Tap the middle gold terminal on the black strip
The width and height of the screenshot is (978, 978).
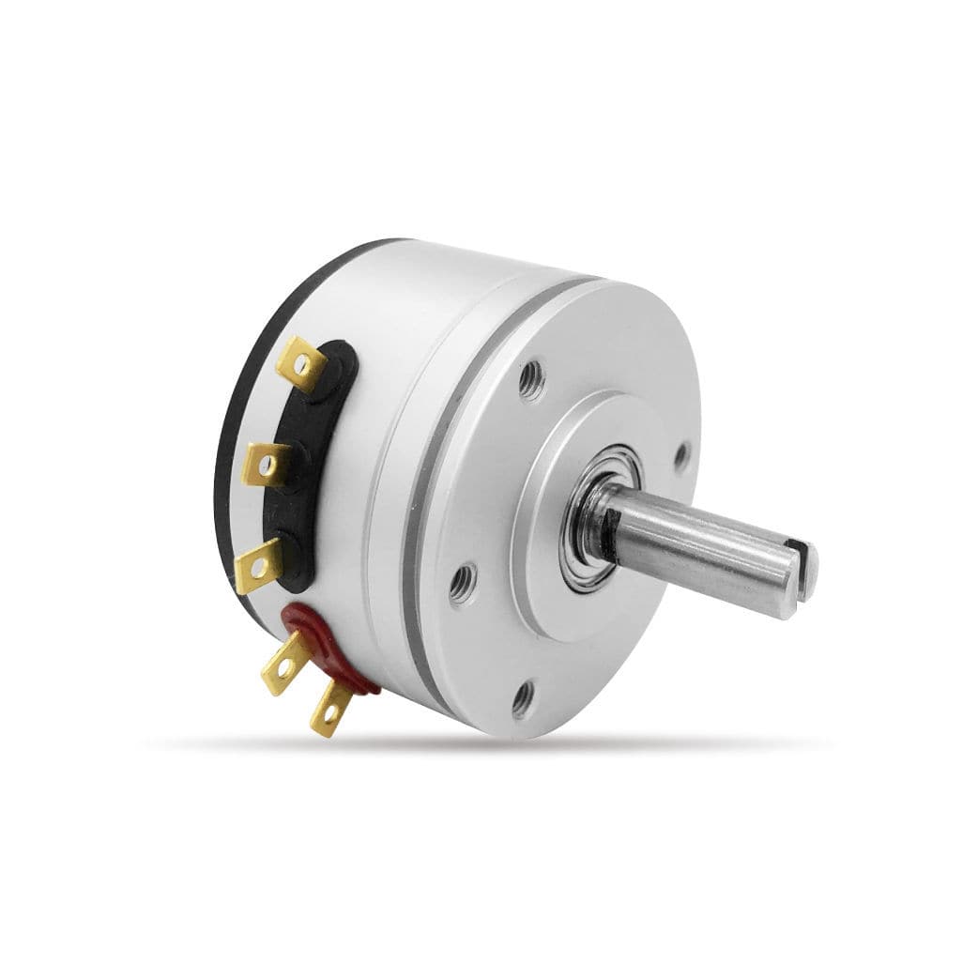267,462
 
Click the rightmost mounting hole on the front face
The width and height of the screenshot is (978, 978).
682,455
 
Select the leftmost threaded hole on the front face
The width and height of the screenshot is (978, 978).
460,588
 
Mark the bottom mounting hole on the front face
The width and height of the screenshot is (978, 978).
522,696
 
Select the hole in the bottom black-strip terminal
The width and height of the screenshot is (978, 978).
255,566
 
